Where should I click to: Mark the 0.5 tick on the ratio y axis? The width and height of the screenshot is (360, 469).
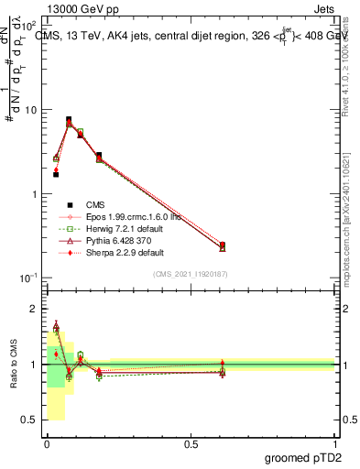pyautogui.click(x=30, y=420)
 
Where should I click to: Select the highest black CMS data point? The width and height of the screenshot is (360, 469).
pyautogui.click(x=69, y=119)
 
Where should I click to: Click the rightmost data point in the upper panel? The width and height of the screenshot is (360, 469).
pyautogui.click(x=223, y=245)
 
